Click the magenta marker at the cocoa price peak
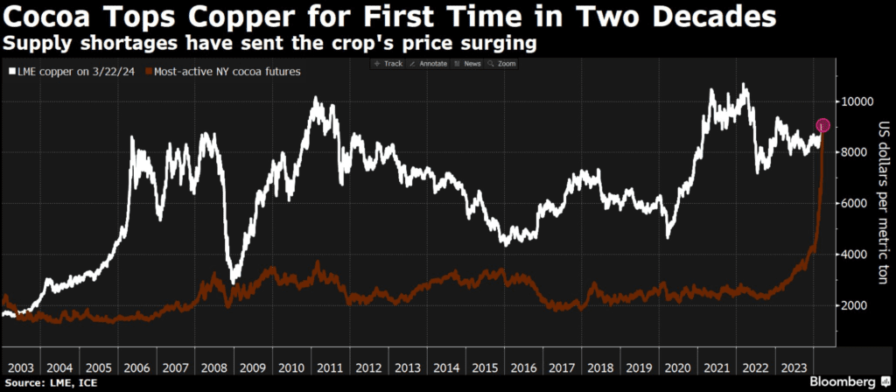coord(822,126)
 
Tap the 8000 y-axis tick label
coord(855,152)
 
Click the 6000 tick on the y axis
coord(855,204)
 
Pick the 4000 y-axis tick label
coord(855,255)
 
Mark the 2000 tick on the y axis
coord(855,305)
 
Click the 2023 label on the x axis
coord(794,367)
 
